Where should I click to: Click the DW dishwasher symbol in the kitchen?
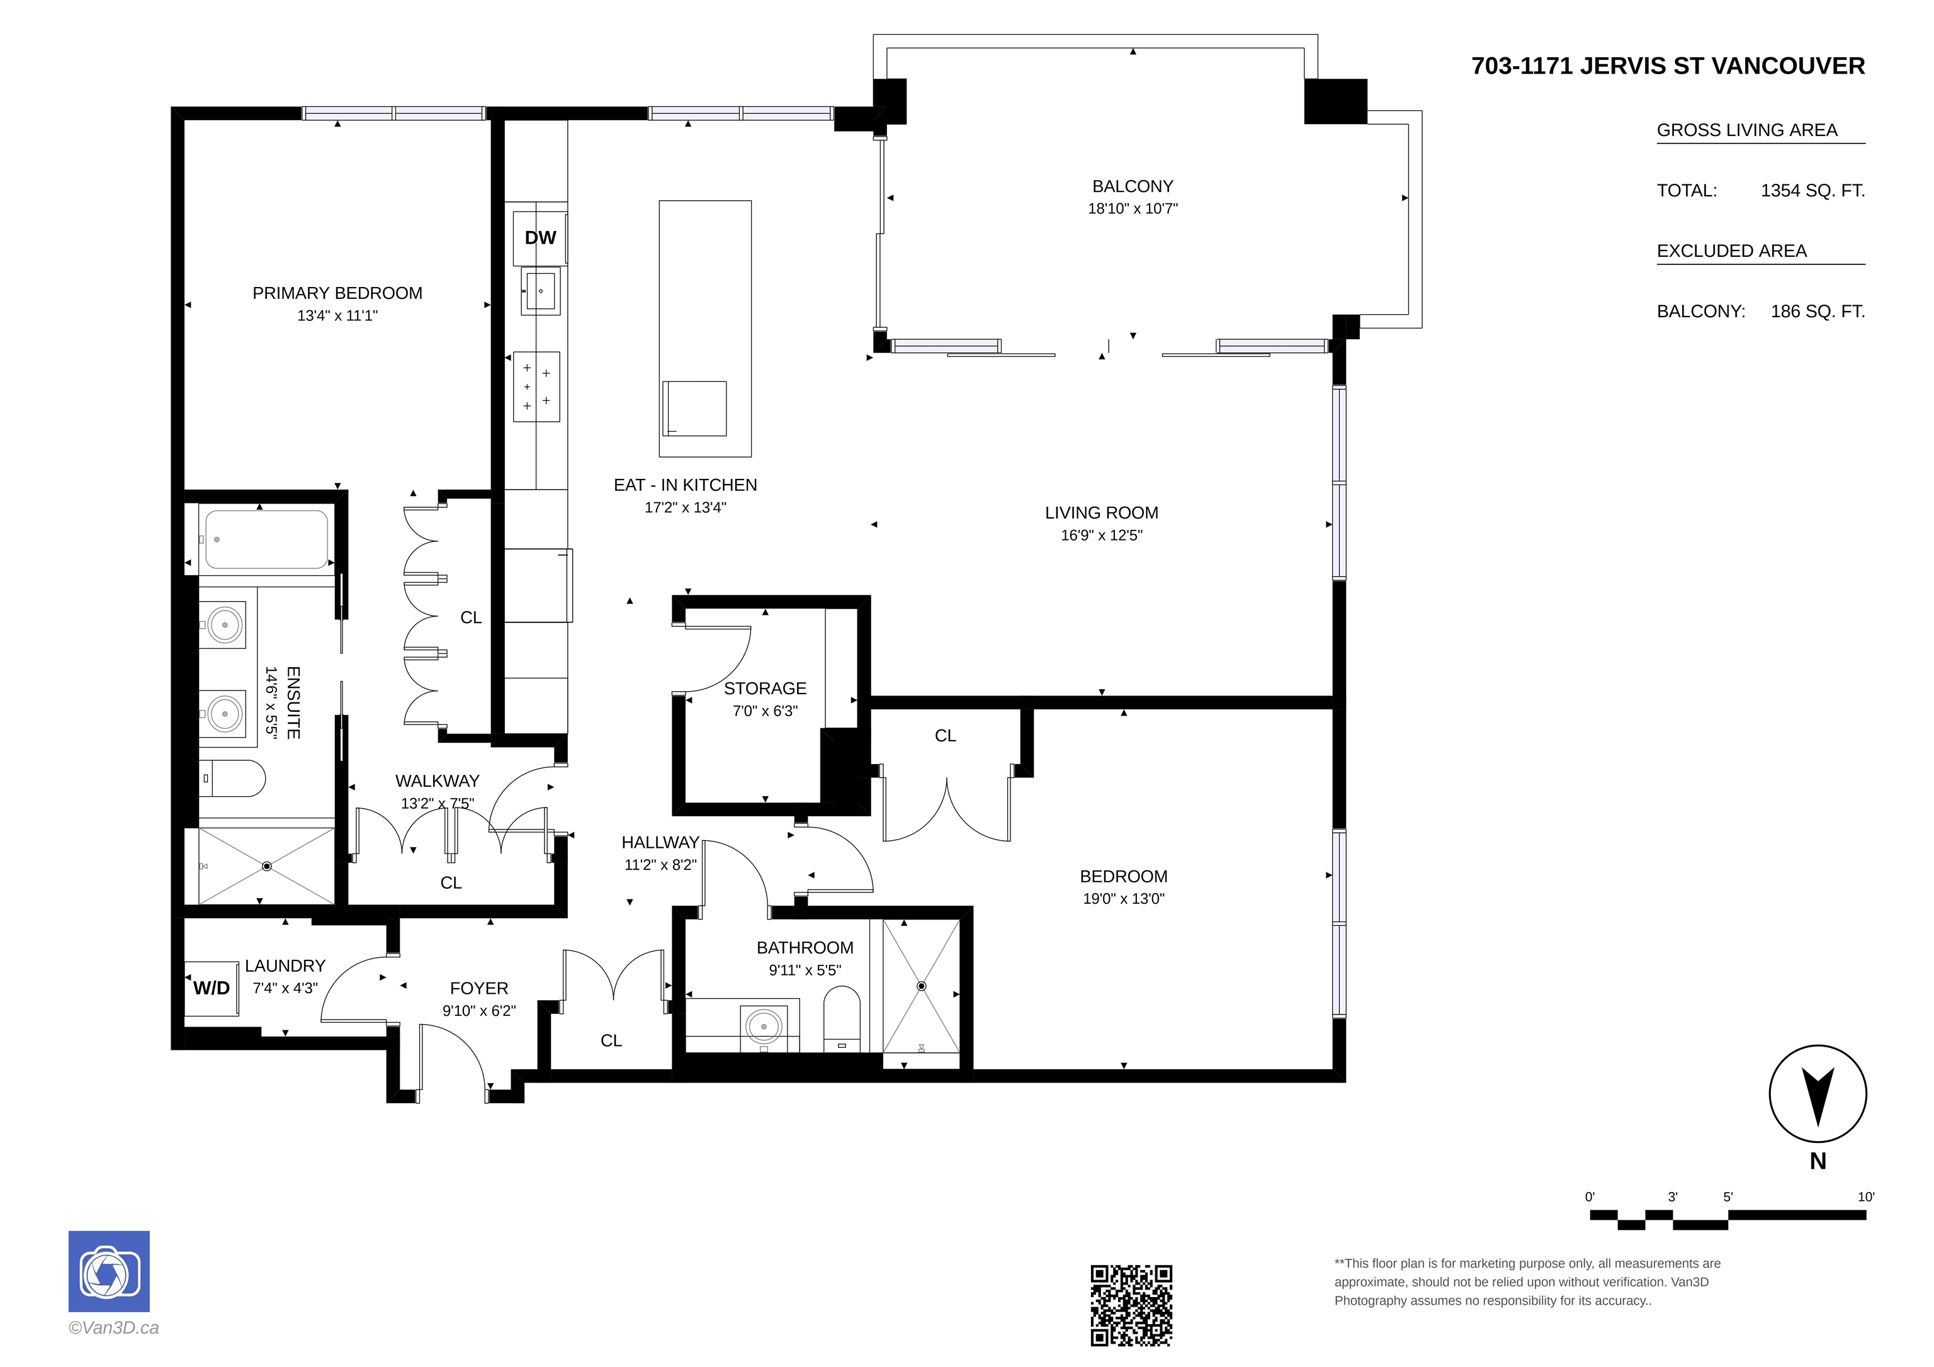pyautogui.click(x=540, y=237)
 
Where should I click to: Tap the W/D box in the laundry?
pyautogui.click(x=212, y=988)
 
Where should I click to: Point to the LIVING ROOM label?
pyautogui.click(x=1101, y=513)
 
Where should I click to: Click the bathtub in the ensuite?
pyautogui.click(x=266, y=539)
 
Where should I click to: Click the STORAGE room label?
pyautogui.click(x=765, y=688)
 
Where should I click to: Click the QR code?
pyautogui.click(x=1131, y=1305)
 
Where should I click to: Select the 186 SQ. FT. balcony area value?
pyautogui.click(x=1818, y=312)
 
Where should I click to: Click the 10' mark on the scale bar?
pyautogui.click(x=1866, y=1197)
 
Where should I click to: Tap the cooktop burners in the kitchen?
pyautogui.click(x=536, y=386)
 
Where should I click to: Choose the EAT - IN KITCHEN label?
pyautogui.click(x=685, y=485)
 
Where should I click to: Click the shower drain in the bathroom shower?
pyautogui.click(x=922, y=986)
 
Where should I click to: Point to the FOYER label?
pyautogui.click(x=478, y=988)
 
